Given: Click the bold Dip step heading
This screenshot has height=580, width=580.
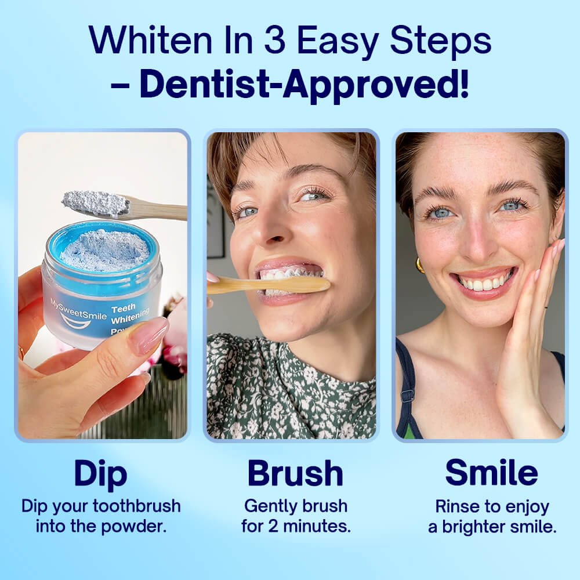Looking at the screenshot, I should tap(100, 474).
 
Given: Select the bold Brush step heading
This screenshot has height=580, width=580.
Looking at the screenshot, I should tap(295, 474).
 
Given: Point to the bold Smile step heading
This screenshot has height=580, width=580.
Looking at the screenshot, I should tap(491, 474).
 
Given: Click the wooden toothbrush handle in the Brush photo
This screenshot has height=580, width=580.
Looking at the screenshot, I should tap(273, 285).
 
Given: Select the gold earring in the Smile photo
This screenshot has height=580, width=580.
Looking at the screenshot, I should tap(419, 265).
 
